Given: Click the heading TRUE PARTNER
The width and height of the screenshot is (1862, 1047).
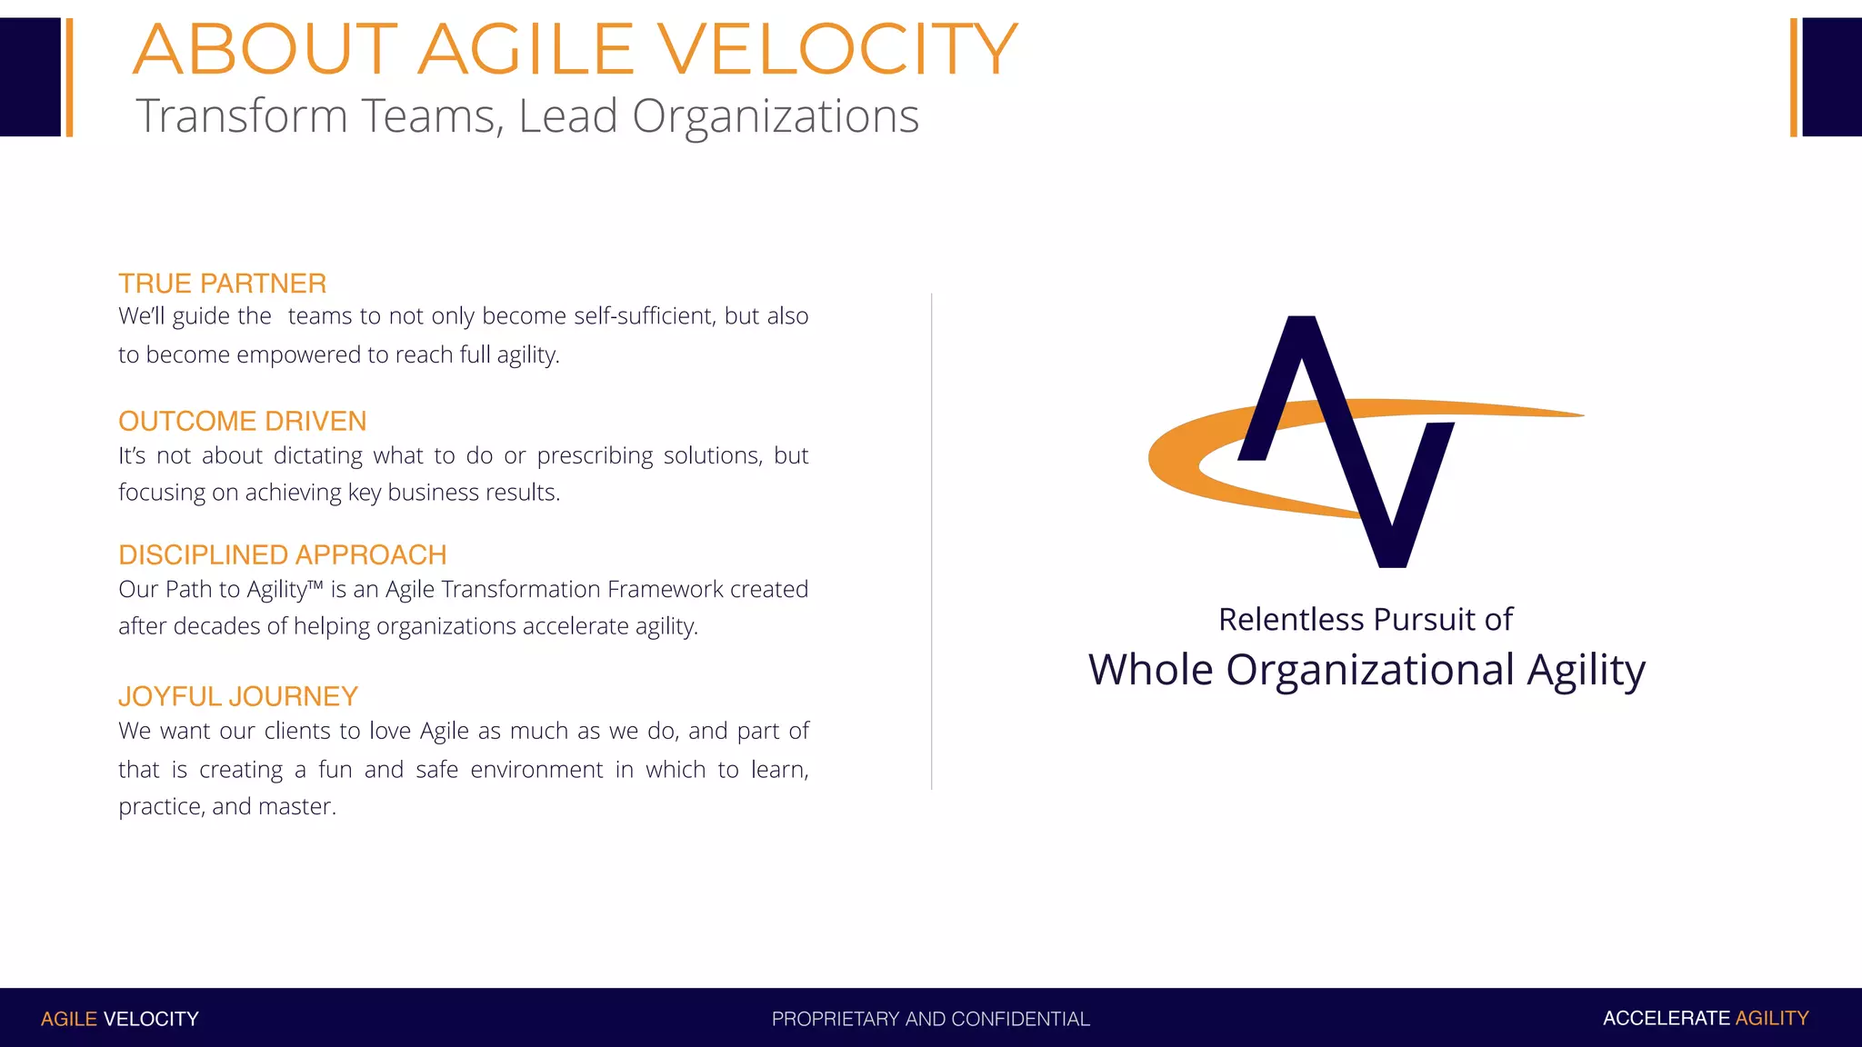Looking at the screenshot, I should coord(222,284).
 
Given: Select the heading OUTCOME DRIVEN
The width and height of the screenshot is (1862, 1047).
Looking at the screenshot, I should coord(242,421).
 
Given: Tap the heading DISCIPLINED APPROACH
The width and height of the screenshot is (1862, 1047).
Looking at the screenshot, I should coord(282,554).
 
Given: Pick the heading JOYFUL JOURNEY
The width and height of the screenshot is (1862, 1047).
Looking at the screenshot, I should coord(237,696).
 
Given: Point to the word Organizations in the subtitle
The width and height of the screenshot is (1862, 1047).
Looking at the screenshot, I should coord(775,116).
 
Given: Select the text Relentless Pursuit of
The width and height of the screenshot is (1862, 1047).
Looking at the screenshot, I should coord(1365,620).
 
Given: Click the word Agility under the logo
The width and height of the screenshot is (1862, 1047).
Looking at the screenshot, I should coord(1586,671).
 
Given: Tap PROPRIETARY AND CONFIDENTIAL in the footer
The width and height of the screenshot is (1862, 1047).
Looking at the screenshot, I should coord(930,1019).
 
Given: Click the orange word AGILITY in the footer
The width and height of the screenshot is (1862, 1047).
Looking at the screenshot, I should coord(1771,1018).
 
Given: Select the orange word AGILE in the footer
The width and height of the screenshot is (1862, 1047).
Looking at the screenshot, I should coord(68,1019).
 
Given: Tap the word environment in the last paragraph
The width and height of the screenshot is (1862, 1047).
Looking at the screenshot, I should coord(536,770).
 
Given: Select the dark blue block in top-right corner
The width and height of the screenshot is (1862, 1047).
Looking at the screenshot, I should coord(1831,77).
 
